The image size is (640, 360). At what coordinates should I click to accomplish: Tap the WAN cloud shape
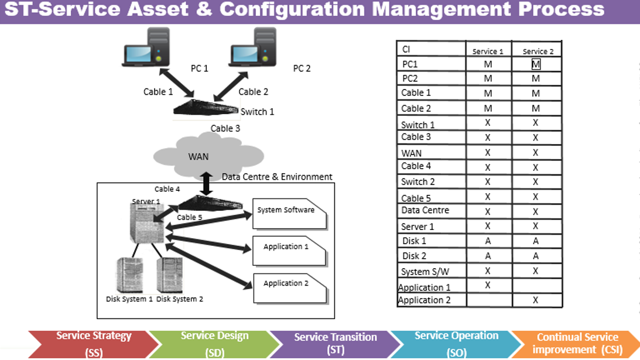(199, 155)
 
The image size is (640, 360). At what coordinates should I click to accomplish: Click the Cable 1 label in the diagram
(158, 92)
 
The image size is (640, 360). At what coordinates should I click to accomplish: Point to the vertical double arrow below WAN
(206, 183)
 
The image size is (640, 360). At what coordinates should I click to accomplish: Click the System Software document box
(287, 214)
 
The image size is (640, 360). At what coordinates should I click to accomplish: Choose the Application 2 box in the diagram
(287, 287)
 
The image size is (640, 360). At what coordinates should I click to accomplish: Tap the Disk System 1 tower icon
(129, 275)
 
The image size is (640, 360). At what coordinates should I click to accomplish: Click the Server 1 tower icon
(144, 222)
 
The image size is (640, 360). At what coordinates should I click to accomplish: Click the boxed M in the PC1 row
(536, 64)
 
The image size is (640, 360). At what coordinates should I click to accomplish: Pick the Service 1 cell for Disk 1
(488, 241)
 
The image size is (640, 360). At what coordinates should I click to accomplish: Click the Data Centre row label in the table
(425, 210)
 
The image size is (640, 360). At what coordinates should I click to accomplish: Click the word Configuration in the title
(299, 9)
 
